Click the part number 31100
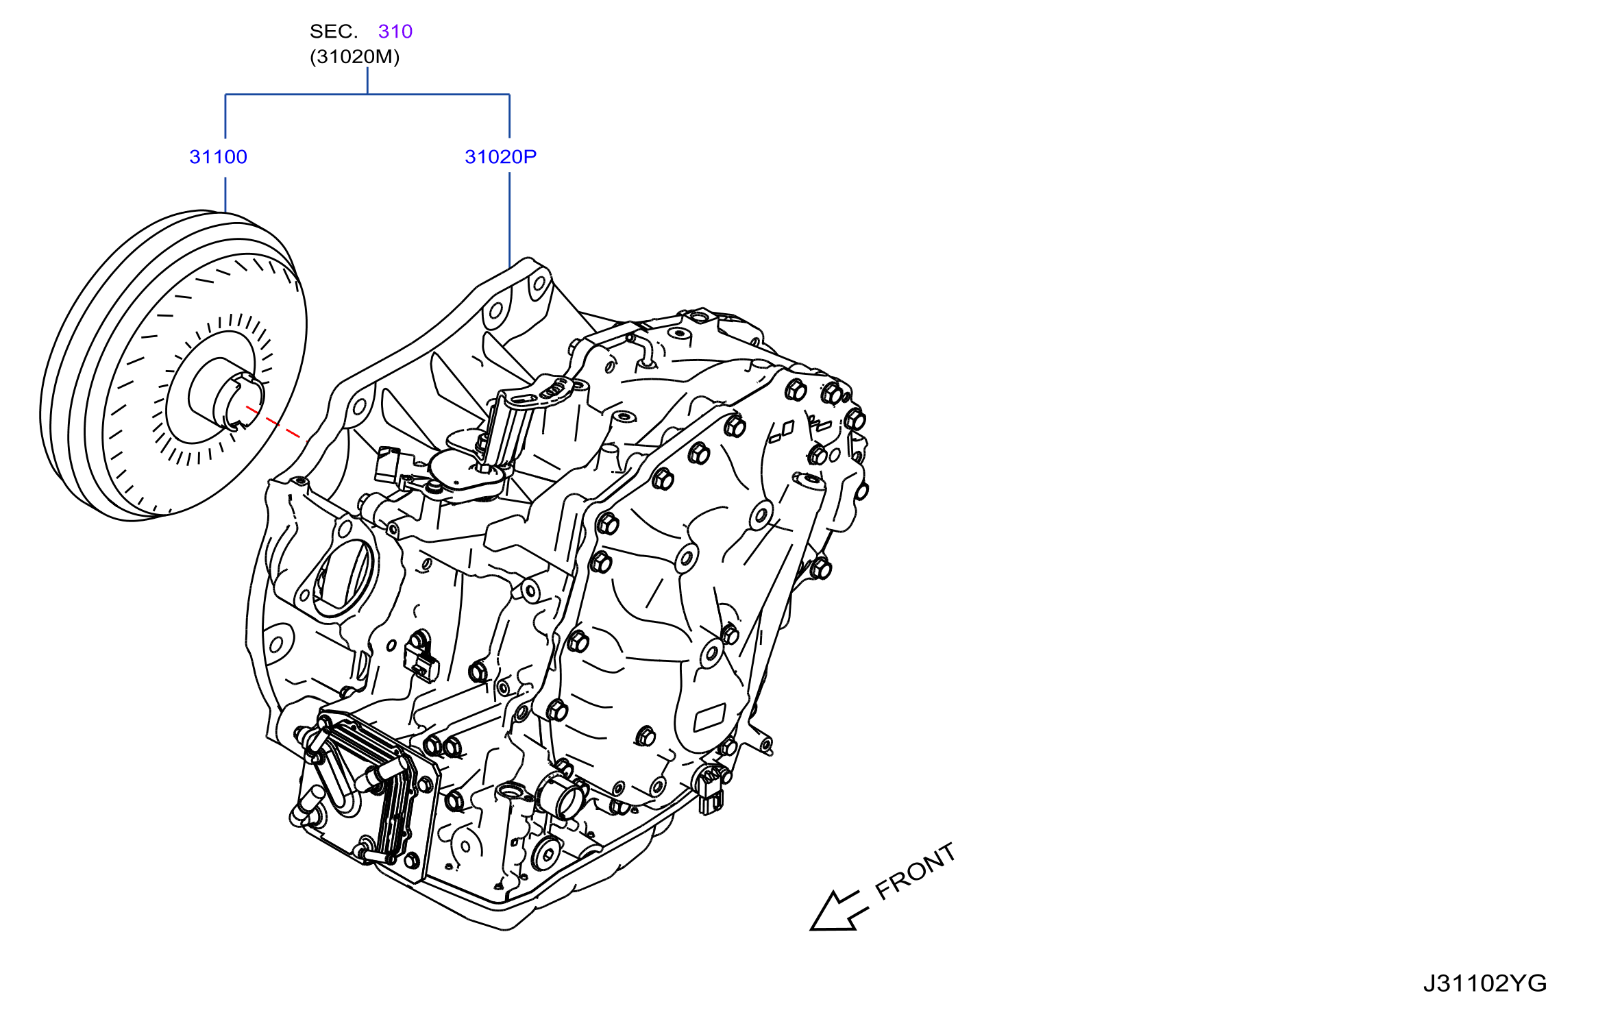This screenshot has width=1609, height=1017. (218, 157)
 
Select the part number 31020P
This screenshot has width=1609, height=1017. (500, 157)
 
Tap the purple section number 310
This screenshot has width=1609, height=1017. (395, 32)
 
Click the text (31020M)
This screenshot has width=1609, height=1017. (354, 56)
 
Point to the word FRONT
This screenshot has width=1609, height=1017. (916, 870)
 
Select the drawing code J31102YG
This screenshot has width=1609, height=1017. (1484, 983)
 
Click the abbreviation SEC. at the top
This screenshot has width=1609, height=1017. (334, 32)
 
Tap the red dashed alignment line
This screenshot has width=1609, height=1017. (273, 422)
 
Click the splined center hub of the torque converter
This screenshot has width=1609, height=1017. (237, 402)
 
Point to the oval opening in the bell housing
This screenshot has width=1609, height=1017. (343, 576)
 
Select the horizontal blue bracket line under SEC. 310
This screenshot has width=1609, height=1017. (367, 95)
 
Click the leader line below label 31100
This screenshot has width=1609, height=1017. (225, 195)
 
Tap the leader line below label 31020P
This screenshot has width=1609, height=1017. (509, 220)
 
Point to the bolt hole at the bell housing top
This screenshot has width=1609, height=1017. (539, 283)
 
